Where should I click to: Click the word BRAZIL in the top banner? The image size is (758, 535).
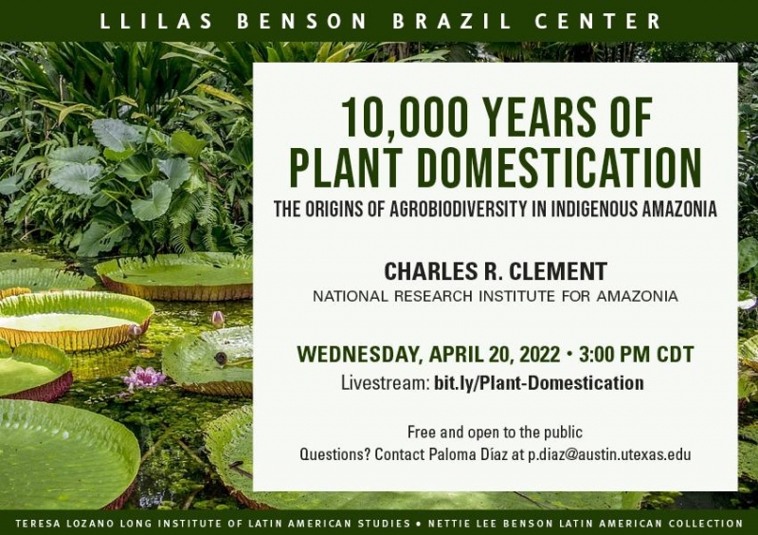[451, 21]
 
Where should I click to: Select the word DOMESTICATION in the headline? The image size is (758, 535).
[559, 167]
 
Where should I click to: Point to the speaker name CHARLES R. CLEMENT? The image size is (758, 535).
[496, 271]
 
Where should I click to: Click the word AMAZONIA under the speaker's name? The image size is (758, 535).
[637, 296]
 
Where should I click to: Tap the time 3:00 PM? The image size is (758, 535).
[614, 354]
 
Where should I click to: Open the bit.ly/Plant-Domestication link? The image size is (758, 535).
[538, 383]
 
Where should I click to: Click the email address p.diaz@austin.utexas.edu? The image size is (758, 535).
[609, 454]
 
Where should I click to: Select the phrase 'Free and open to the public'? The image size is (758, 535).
[495, 432]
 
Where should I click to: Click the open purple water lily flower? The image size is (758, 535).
[144, 378]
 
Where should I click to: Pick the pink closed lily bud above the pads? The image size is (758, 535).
[218, 319]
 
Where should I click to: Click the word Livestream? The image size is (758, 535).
[386, 383]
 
